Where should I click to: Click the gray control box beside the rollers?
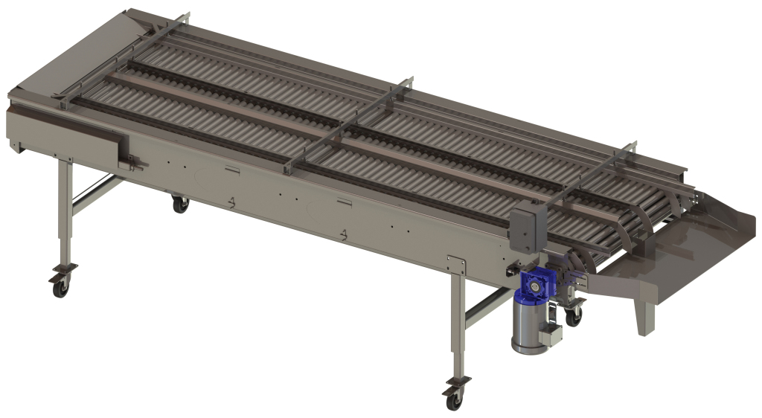(x=528, y=226)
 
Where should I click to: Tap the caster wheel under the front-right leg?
(x=453, y=399)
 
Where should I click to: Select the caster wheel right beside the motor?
(x=573, y=316)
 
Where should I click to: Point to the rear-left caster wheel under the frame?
(x=180, y=204)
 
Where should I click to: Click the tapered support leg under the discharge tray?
(x=644, y=316)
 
